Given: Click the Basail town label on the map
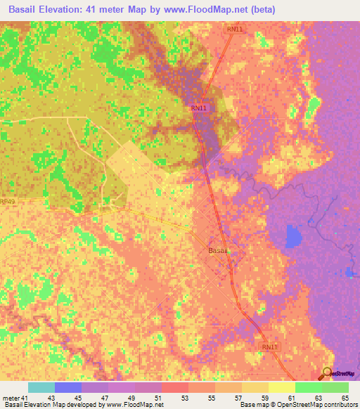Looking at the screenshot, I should [x=217, y=251].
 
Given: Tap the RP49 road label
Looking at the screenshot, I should [x=8, y=202].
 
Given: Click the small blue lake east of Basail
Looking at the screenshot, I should [x=292, y=237].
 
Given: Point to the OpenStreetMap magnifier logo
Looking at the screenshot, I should [x=328, y=372].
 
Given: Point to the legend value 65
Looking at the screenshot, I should [x=345, y=398].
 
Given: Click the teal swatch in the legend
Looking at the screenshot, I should [x=41, y=387].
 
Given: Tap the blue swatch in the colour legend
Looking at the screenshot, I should [x=68, y=387].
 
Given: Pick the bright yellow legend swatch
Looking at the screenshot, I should [x=282, y=387].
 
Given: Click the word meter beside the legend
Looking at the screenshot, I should [x=11, y=398].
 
